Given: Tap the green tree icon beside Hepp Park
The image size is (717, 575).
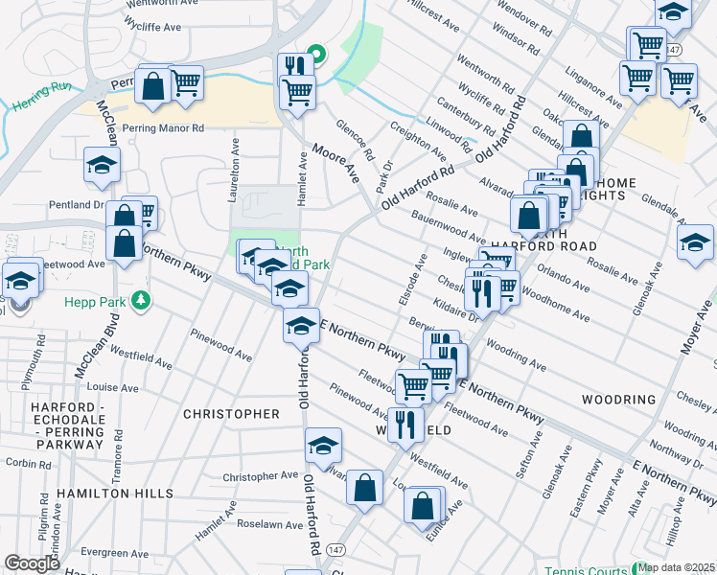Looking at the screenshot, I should point(142,301).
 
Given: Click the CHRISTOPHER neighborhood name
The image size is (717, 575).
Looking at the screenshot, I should point(231,414).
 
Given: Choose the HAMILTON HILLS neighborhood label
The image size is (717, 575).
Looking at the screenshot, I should point(115,493).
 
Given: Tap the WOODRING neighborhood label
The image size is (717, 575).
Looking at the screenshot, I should point(618,399).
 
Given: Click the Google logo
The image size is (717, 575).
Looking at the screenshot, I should point(32,563).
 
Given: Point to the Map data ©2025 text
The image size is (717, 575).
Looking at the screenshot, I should point(677,567).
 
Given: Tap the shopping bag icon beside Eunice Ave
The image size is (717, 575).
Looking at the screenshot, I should point(423,504).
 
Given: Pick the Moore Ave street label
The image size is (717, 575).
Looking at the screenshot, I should point(336,163).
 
